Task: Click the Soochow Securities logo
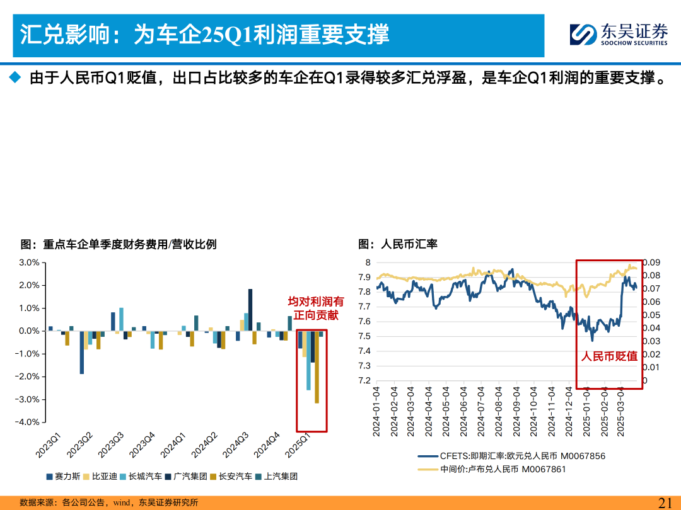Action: tap(619, 34)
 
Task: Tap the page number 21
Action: tap(665, 502)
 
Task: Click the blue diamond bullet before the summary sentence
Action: tap(15, 77)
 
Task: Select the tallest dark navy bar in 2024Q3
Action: tap(250, 310)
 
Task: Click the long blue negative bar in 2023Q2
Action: tap(81, 352)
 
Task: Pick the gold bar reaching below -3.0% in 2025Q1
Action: tap(317, 367)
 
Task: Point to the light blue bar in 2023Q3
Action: tap(122, 320)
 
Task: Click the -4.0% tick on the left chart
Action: tap(28, 422)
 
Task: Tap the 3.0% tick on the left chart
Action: tap(30, 263)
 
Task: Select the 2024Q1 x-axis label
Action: tap(173, 445)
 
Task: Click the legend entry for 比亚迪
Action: tap(100, 477)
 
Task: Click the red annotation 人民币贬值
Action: tap(609, 356)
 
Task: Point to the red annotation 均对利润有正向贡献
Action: tap(316, 308)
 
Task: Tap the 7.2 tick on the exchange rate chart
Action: tap(364, 381)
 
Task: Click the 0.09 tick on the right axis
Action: tap(651, 263)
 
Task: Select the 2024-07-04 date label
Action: tap(480, 412)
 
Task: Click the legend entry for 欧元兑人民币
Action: tap(511, 456)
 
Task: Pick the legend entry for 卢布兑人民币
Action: tap(492, 469)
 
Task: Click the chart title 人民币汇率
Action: tap(398, 244)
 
